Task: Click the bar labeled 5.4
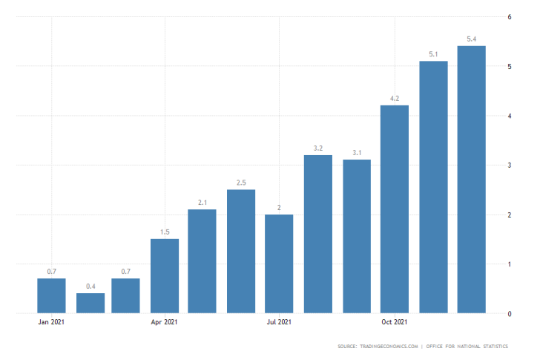click(x=471, y=180)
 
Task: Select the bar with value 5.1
click(x=433, y=187)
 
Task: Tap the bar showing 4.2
click(x=395, y=209)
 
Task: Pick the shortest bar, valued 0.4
click(x=90, y=303)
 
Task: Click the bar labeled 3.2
click(x=318, y=234)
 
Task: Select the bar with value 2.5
click(x=242, y=251)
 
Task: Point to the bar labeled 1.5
click(x=165, y=276)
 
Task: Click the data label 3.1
click(x=357, y=152)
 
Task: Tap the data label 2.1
click(x=203, y=202)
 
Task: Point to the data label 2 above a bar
click(x=280, y=207)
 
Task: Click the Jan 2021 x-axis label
click(x=51, y=322)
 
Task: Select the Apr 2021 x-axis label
click(x=165, y=322)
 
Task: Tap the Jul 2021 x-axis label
click(x=280, y=322)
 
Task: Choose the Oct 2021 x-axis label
click(x=395, y=322)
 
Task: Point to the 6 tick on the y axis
click(x=509, y=17)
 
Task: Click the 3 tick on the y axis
click(x=509, y=166)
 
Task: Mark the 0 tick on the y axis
click(x=509, y=314)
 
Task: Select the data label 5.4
click(x=471, y=38)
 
